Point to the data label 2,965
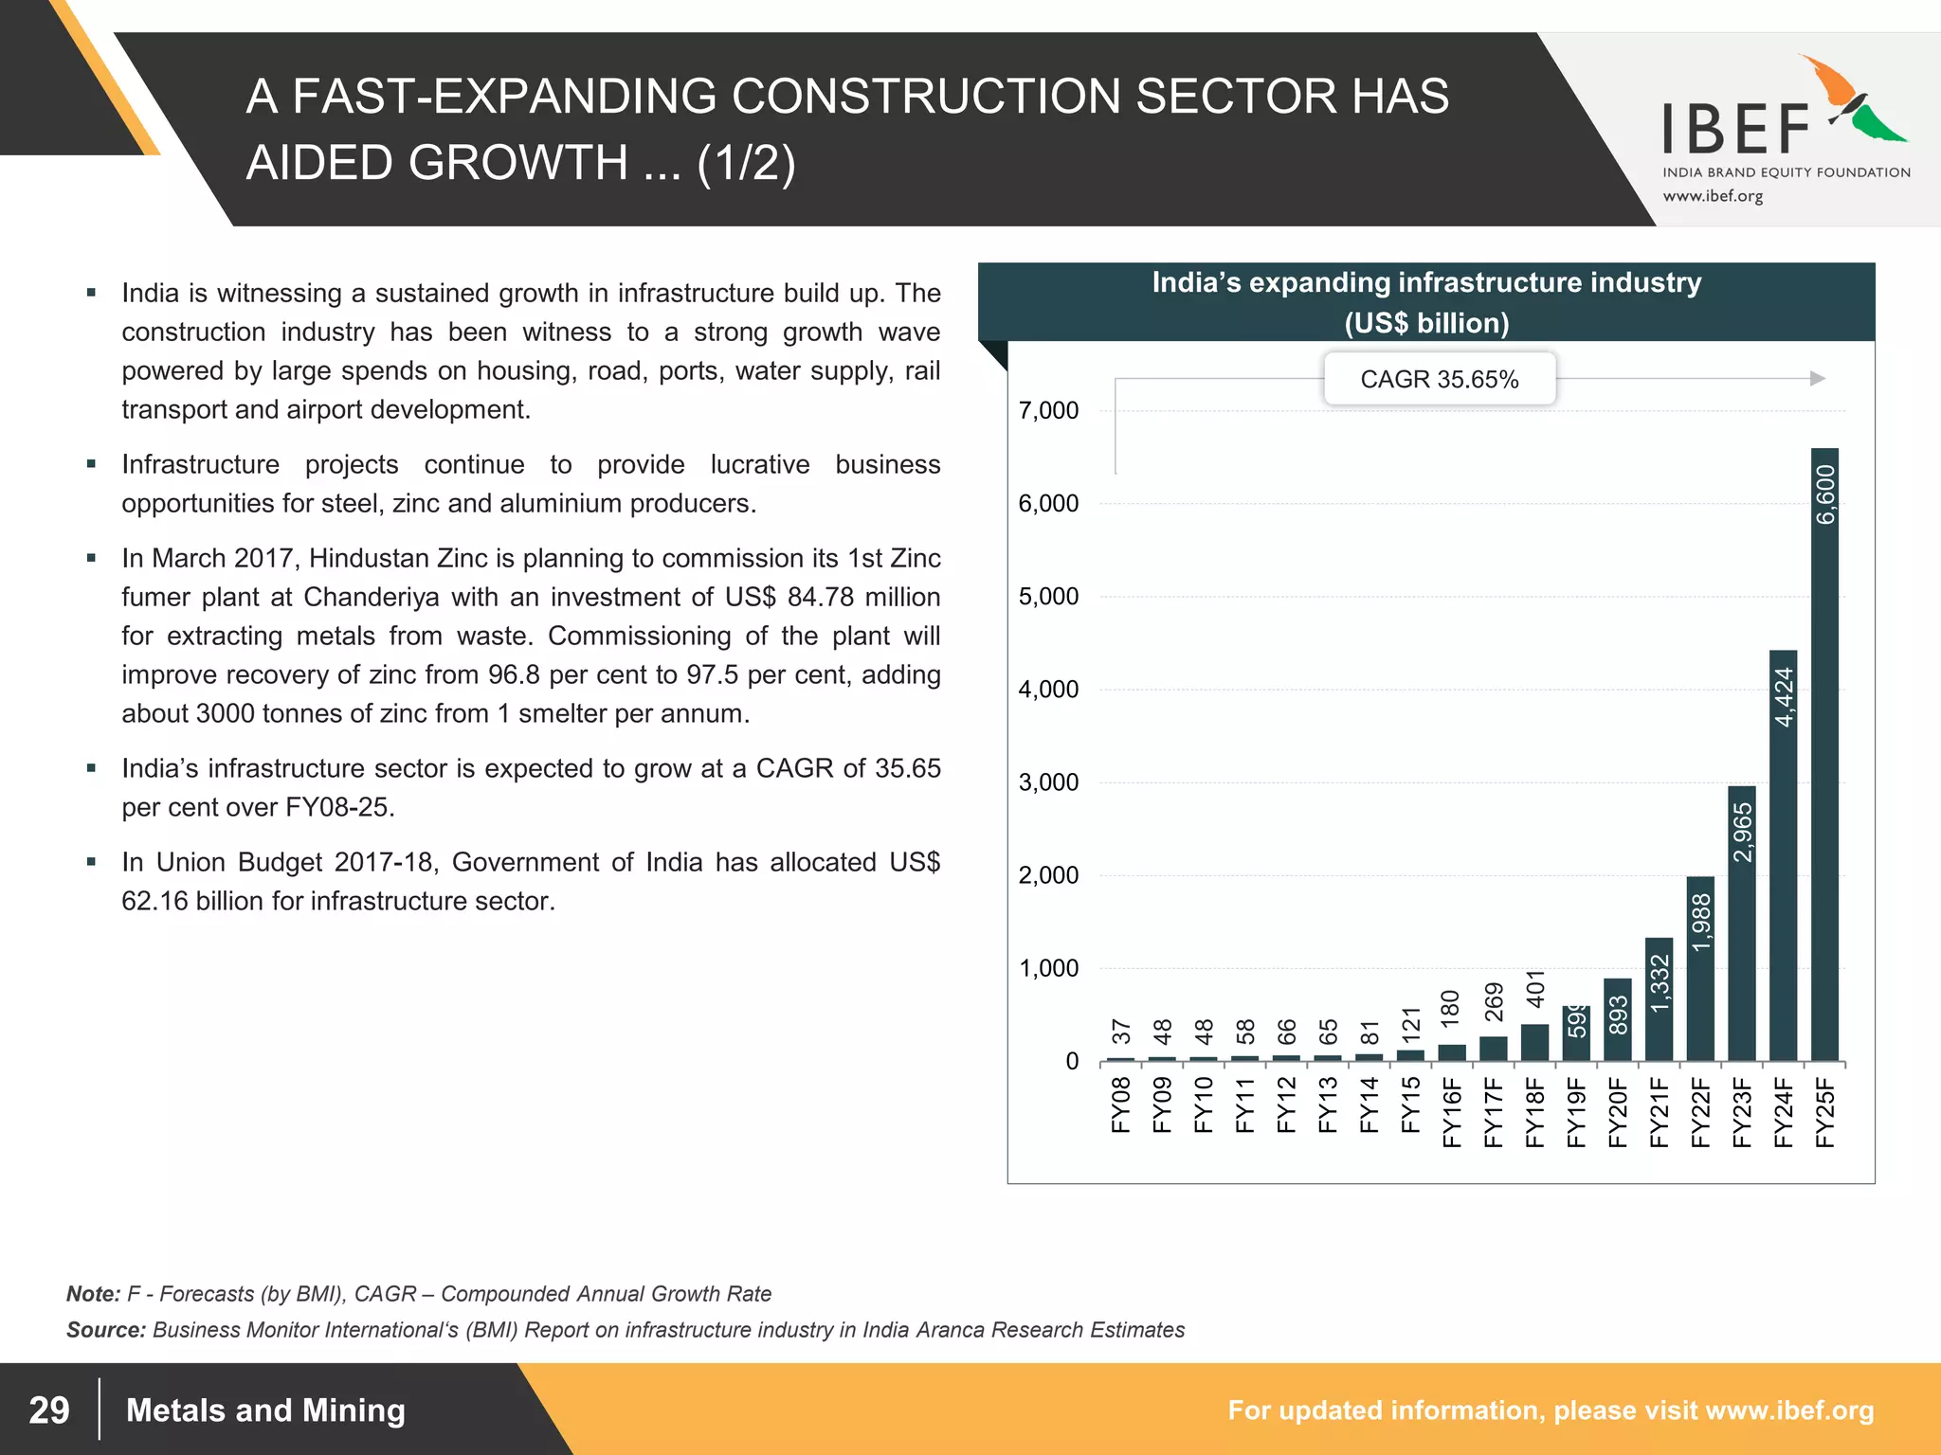(1743, 833)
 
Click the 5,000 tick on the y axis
(1048, 597)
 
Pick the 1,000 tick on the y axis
(1048, 968)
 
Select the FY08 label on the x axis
(1121, 1105)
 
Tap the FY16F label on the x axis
(1452, 1112)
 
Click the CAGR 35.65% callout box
(1439, 379)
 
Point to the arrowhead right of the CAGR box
(1818, 379)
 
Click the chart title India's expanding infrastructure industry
(1426, 283)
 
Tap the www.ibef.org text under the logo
(1713, 196)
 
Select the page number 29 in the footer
(49, 1410)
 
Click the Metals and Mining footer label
(265, 1410)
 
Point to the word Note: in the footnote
(93, 1294)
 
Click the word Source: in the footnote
(105, 1330)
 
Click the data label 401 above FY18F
(1535, 988)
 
